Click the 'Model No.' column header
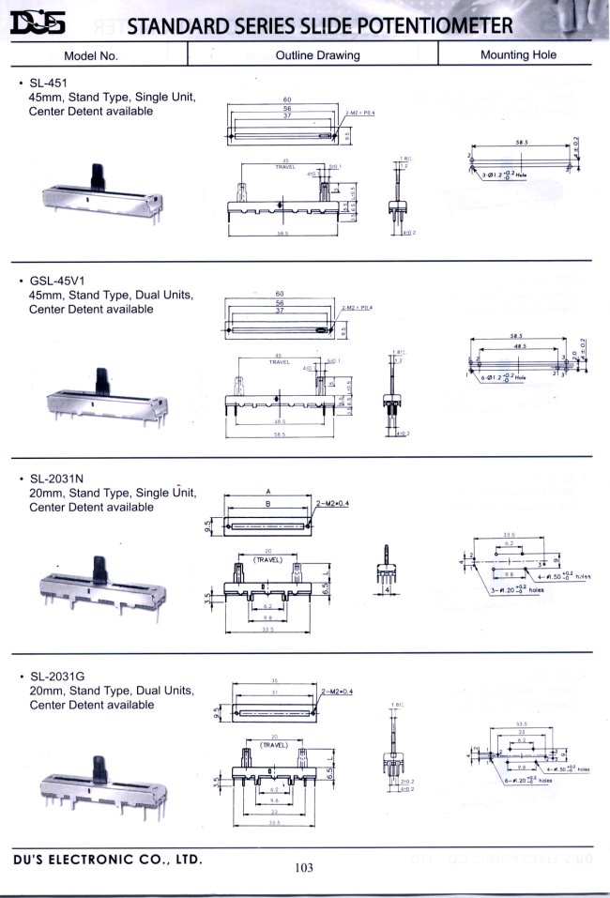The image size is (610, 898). [91, 55]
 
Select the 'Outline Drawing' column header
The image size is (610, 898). [317, 55]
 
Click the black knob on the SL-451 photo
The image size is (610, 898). [97, 175]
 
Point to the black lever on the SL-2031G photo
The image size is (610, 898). [98, 768]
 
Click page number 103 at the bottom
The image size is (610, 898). [302, 868]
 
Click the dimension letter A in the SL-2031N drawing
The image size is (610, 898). [268, 491]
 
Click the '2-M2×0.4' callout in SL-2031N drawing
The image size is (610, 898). [334, 504]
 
